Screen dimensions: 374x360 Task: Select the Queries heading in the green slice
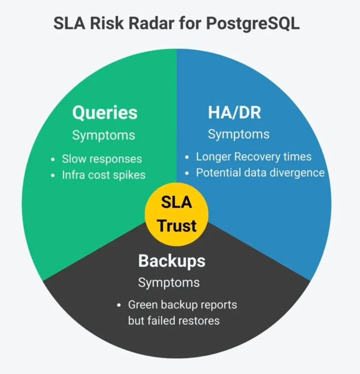point(105,112)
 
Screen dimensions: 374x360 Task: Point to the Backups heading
point(172,261)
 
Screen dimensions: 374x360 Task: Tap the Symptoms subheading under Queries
point(104,135)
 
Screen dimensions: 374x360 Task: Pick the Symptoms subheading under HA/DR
point(239,134)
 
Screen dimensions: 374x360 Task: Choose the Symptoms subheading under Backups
point(169,283)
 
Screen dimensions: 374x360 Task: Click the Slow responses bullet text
point(102,158)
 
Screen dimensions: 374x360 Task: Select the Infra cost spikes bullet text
point(104,175)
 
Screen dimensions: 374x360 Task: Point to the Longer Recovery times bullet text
point(254,157)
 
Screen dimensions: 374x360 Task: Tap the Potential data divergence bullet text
point(260,172)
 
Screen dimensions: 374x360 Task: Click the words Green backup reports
point(182,305)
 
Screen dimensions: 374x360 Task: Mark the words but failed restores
point(174,321)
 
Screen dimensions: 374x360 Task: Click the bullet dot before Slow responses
point(52,159)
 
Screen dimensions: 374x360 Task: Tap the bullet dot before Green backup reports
point(119,305)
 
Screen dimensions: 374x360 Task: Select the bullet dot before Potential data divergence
point(187,173)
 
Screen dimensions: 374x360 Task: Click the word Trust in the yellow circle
point(177,225)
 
